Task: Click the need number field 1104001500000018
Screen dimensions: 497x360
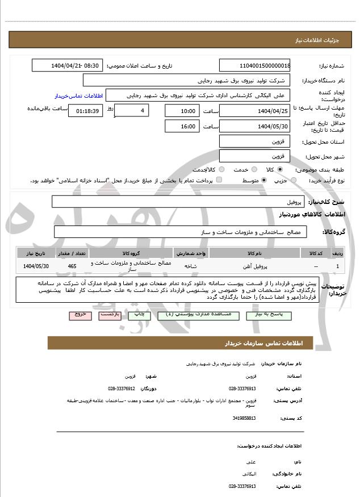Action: pyautogui.click(x=255, y=65)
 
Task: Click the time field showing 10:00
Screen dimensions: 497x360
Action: pyautogui.click(x=182, y=111)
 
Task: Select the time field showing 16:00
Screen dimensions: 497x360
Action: pyautogui.click(x=182, y=126)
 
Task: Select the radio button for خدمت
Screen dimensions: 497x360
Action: pyautogui.click(x=253, y=169)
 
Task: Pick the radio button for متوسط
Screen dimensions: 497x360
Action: pyautogui.click(x=264, y=180)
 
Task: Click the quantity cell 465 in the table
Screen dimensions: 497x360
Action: pyautogui.click(x=72, y=266)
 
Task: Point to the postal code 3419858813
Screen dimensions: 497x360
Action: pyautogui.click(x=244, y=418)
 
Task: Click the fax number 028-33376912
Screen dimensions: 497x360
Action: pyautogui.click(x=121, y=389)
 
